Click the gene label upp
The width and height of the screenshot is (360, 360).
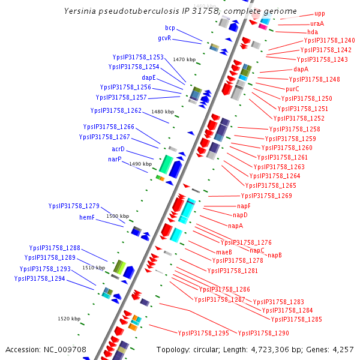[x=319, y=14]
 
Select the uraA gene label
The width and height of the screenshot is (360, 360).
[x=317, y=23]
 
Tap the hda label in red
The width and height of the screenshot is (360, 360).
[x=313, y=32]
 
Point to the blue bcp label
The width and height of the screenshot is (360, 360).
[x=170, y=28]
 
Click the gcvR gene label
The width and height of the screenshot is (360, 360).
[x=165, y=38]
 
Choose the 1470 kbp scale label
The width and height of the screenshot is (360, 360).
[x=184, y=59]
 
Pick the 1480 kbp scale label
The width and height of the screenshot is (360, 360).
[x=163, y=112]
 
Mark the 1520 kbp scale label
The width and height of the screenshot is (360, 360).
[x=68, y=319]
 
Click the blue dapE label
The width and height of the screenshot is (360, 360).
[x=149, y=77]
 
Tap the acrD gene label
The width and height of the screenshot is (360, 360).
[x=118, y=149]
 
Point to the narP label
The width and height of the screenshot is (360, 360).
[x=115, y=159]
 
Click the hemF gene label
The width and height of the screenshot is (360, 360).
[x=88, y=217]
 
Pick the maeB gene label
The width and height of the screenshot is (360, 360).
[x=224, y=251]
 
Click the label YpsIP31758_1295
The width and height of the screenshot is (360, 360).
[x=203, y=332]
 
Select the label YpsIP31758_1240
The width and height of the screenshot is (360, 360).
[x=329, y=40]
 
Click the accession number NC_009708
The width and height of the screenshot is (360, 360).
[x=65, y=349]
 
